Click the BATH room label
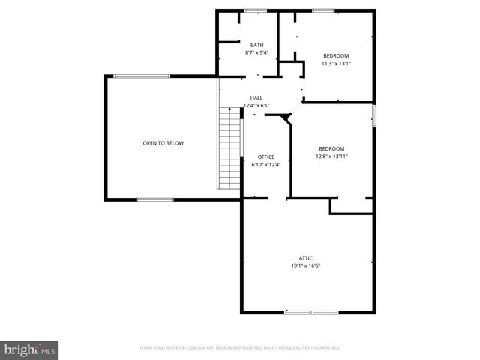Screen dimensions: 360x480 [256, 46]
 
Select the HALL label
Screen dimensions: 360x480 [256, 97]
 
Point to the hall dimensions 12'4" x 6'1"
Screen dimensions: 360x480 [256, 106]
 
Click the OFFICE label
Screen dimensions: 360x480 [266, 157]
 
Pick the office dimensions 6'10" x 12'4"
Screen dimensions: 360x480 [266, 165]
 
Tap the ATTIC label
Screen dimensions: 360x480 [306, 257]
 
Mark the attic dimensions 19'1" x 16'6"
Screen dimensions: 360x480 [306, 265]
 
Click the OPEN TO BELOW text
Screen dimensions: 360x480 [163, 143]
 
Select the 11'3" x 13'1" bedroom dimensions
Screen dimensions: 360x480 [336, 64]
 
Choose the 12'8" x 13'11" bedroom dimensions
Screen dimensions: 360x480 [331, 157]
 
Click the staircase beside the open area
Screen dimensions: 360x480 [229, 148]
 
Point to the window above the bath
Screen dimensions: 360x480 [256, 10]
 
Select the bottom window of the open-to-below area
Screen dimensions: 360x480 [155, 199]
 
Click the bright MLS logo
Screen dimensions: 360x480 [29, 349]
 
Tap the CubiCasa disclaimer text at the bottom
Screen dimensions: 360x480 [240, 348]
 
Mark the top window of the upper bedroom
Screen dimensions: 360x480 [323, 10]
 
